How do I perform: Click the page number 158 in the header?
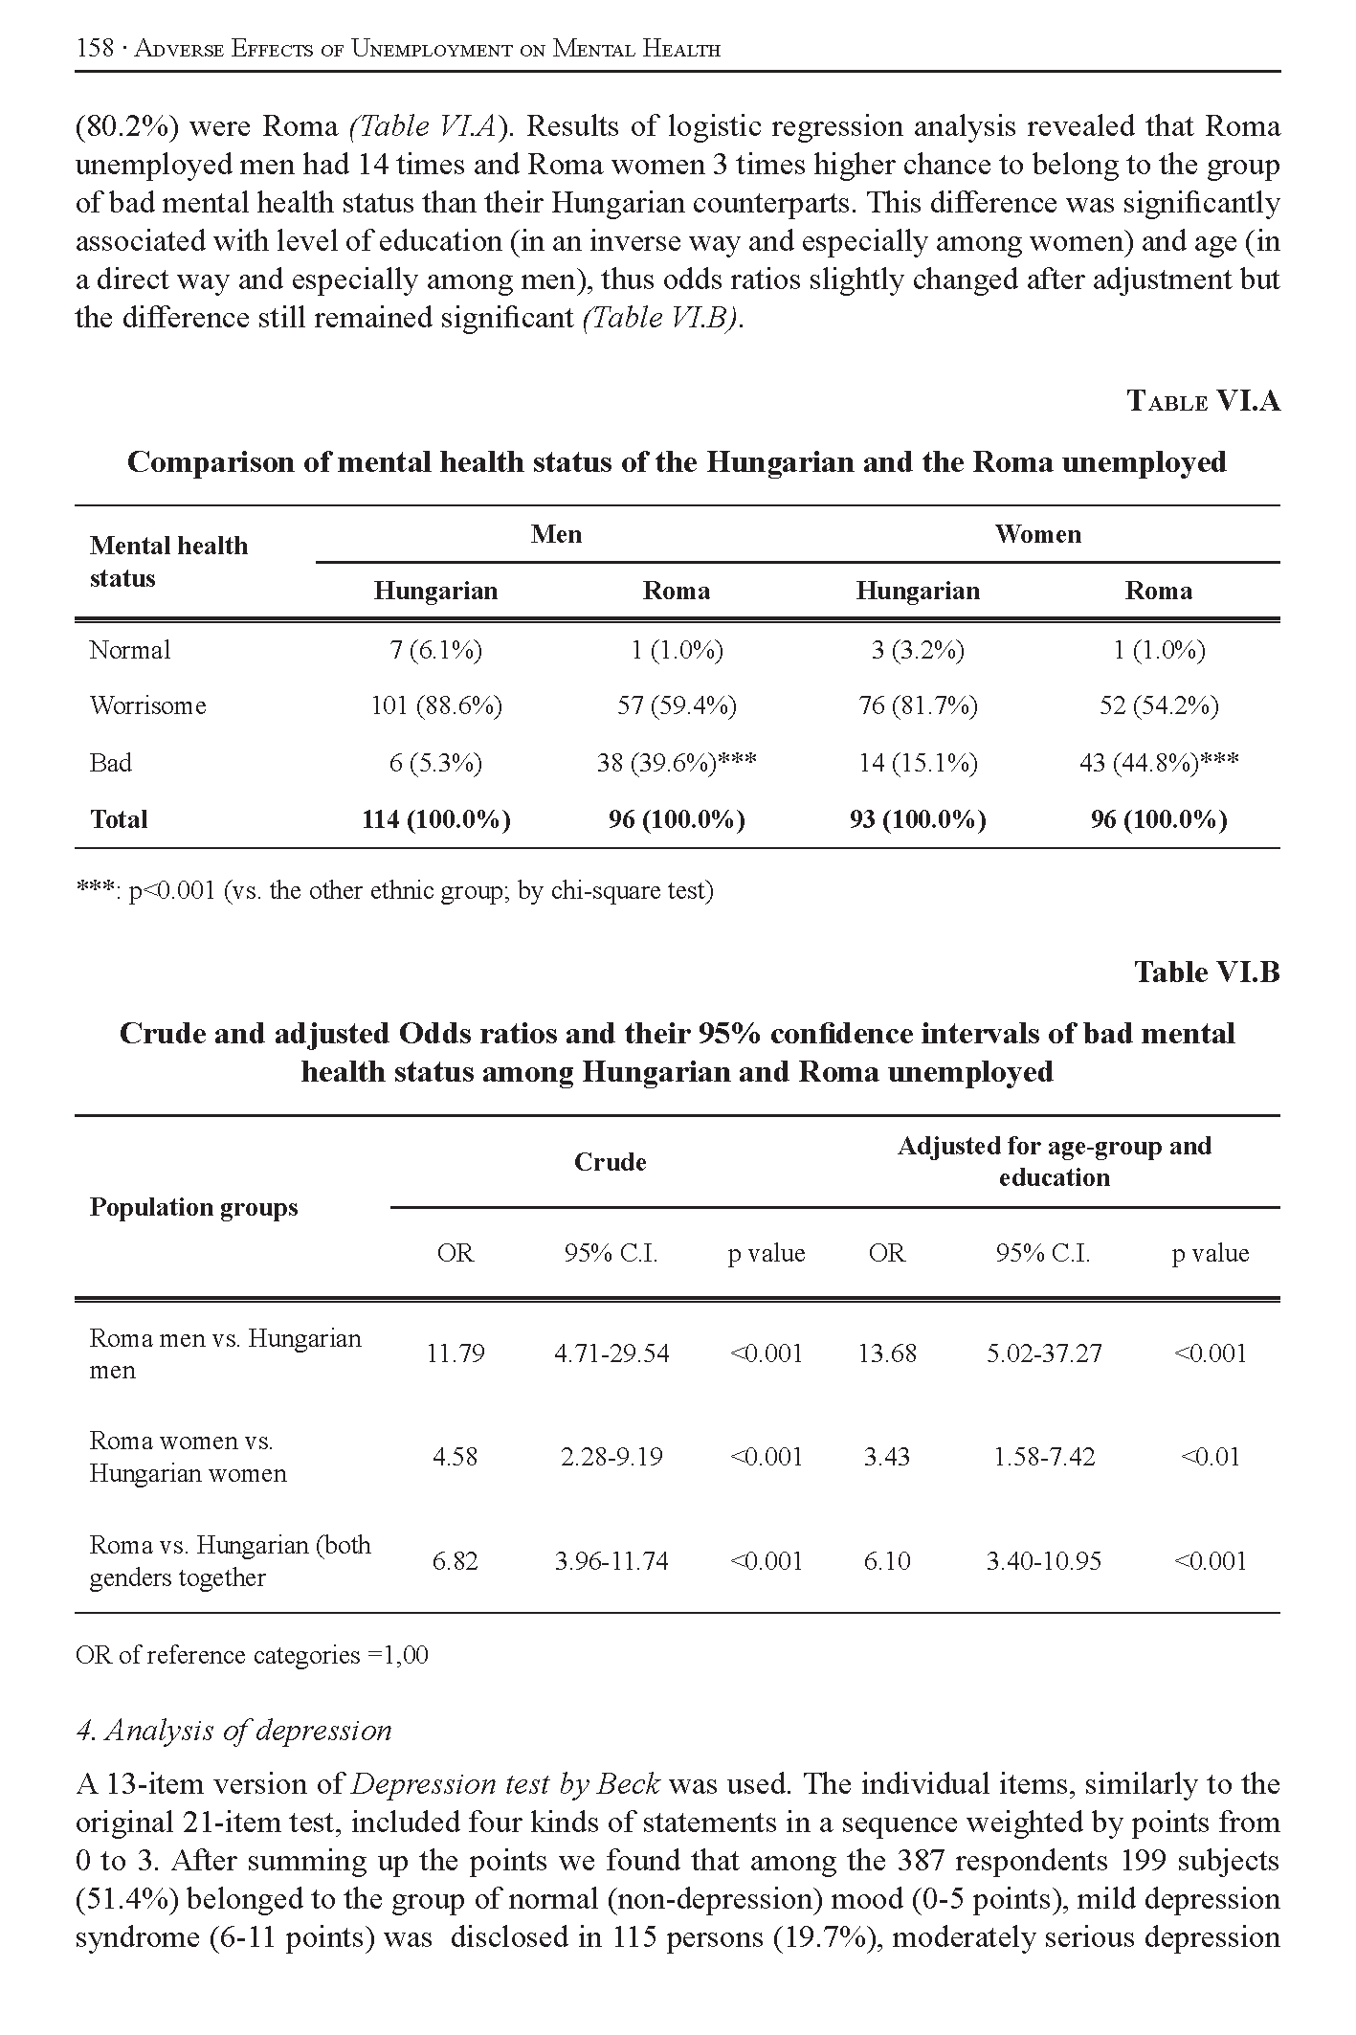95,49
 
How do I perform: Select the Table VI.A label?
1202,400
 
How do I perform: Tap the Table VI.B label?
1206,972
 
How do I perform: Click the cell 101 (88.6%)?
436,705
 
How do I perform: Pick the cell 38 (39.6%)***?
677,762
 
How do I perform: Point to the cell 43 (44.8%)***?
1159,762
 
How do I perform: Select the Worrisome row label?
147,705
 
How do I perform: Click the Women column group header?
1037,534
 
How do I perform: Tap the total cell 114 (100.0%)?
436,819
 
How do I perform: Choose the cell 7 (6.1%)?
436,650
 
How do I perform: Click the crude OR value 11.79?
456,1353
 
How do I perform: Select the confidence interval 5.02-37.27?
1044,1353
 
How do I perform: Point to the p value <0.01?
1211,1457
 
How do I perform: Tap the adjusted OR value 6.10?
887,1561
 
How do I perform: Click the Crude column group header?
611,1161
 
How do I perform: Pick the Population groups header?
193,1207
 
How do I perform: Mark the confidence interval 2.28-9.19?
611,1457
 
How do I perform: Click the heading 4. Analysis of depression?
233,1730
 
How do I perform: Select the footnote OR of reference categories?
252,1654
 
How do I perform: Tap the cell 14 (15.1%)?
918,762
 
